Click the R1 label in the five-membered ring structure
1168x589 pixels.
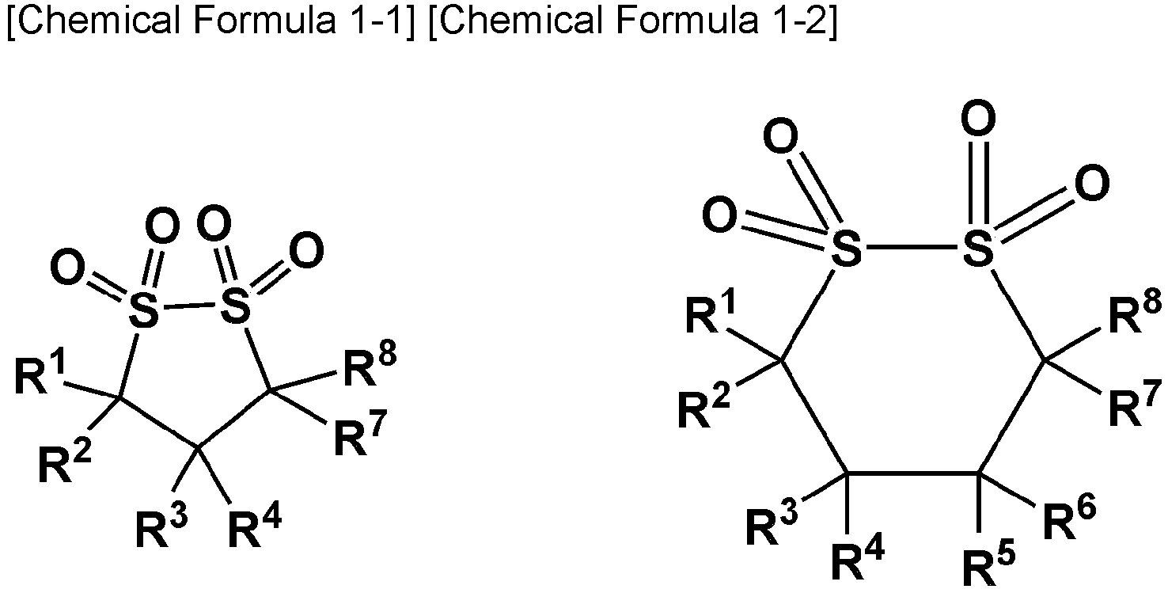click(x=40, y=374)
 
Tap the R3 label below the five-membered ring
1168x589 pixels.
click(x=161, y=527)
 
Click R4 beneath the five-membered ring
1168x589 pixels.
click(x=255, y=527)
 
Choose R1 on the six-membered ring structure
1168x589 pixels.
click(x=710, y=312)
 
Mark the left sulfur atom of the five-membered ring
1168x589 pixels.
click(x=142, y=309)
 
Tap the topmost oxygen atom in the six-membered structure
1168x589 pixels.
click(x=978, y=120)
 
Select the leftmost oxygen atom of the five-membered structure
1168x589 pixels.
click(x=67, y=268)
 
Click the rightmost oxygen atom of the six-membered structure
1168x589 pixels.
click(x=1092, y=184)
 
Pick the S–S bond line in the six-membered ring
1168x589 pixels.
click(x=912, y=247)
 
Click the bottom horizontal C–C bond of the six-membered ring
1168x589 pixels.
click(x=912, y=473)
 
